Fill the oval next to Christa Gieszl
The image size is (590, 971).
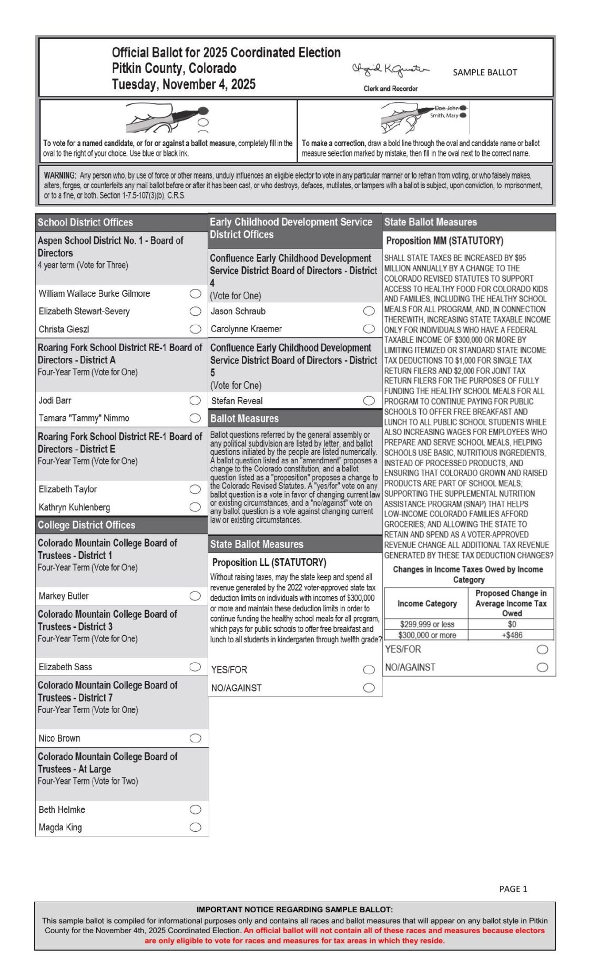[x=195, y=329]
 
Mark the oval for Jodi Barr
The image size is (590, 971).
[x=195, y=400]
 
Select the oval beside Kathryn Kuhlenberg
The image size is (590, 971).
[x=195, y=507]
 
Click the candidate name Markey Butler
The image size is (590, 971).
[x=64, y=596]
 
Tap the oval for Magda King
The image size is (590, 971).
[x=195, y=827]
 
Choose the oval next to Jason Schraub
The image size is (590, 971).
[x=369, y=311]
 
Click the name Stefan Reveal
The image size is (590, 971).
[x=237, y=401]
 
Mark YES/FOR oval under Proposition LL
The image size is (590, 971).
[x=369, y=669]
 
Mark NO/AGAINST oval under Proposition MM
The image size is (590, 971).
[x=542, y=667]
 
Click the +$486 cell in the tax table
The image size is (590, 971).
[x=512, y=635]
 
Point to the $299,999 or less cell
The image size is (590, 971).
[x=426, y=624]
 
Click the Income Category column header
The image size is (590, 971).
[x=426, y=604]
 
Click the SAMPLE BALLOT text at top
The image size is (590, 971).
[x=485, y=73]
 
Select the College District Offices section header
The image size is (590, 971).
[x=86, y=525]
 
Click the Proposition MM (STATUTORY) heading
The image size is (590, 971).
[x=444, y=241]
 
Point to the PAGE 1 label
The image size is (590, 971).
[x=513, y=889]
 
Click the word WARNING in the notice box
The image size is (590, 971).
[x=60, y=175]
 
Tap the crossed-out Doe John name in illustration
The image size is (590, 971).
[x=446, y=108]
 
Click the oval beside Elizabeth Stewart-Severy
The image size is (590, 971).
[x=195, y=311]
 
